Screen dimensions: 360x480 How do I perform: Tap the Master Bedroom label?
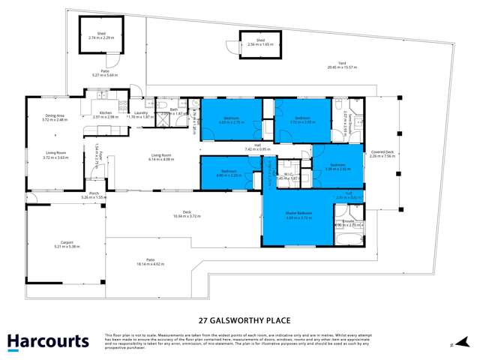click(x=298, y=214)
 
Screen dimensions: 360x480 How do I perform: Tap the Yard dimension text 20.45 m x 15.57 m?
click(x=342, y=67)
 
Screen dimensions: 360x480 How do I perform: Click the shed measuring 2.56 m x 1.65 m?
click(x=260, y=43)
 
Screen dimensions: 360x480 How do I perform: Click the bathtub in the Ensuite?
click(x=347, y=240)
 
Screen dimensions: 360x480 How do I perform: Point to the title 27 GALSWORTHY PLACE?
click(x=239, y=317)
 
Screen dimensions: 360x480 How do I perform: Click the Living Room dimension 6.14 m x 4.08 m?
click(x=160, y=160)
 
